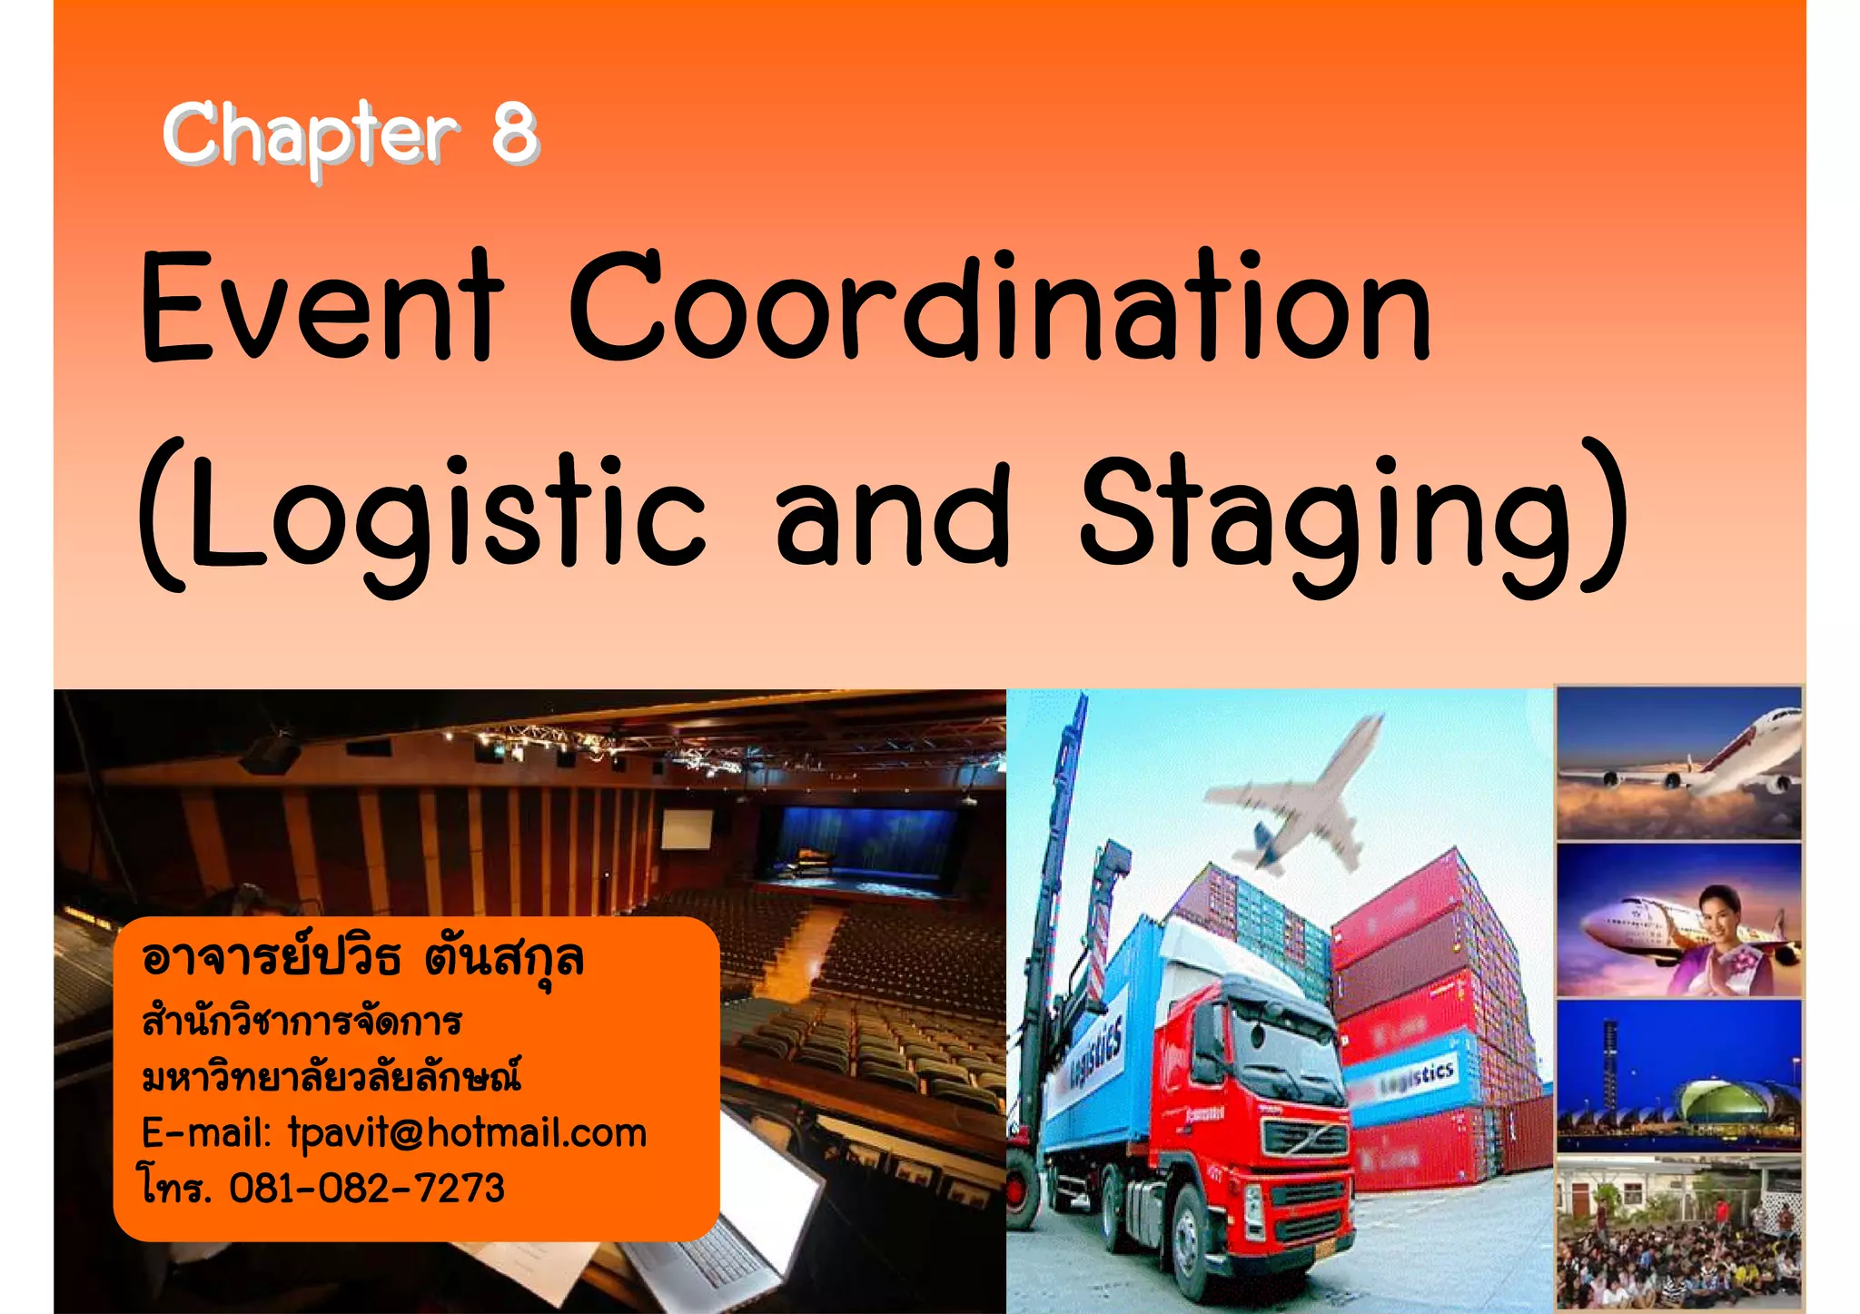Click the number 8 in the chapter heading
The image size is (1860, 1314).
click(x=515, y=133)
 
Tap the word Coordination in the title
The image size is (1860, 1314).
click(x=1000, y=309)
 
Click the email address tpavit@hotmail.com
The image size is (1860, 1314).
click(x=467, y=1133)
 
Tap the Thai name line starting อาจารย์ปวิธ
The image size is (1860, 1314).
click(x=363, y=959)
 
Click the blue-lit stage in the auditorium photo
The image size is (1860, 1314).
click(x=854, y=845)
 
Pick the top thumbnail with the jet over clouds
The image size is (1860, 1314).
click(x=1679, y=763)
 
